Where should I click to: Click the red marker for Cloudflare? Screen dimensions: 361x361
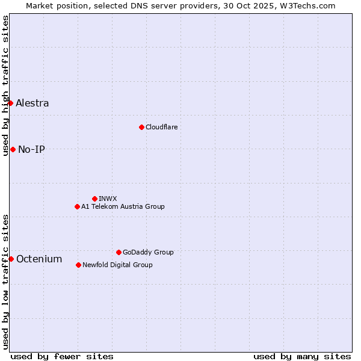[141, 127]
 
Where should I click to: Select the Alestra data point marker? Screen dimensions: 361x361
[10, 103]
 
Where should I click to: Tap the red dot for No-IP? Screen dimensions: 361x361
[13, 149]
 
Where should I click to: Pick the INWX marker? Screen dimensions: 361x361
[94, 199]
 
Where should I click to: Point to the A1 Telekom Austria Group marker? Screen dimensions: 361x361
[77, 206]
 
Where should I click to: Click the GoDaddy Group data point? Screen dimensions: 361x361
[119, 252]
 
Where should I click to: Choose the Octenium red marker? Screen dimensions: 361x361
[11, 259]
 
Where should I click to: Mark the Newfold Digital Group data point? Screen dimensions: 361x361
[78, 265]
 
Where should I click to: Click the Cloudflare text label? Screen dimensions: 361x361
[161, 127]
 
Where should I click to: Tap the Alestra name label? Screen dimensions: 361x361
[32, 103]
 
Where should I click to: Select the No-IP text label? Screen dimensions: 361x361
[31, 149]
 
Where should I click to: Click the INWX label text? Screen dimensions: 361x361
[108, 199]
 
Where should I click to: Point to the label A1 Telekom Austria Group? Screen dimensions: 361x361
[123, 206]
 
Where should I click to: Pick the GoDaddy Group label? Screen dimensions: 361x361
[148, 252]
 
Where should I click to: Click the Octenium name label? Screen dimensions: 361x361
[39, 259]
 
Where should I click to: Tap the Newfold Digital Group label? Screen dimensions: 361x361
[117, 265]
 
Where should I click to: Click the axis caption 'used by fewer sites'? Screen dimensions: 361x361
[62, 356]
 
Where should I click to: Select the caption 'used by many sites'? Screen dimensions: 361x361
[302, 356]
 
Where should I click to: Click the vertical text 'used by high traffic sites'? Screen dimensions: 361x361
[5, 85]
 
